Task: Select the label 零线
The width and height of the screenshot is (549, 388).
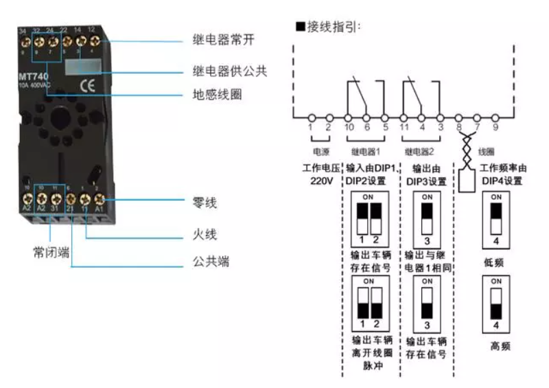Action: point(205,203)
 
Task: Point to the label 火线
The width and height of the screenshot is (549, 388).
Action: point(205,235)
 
